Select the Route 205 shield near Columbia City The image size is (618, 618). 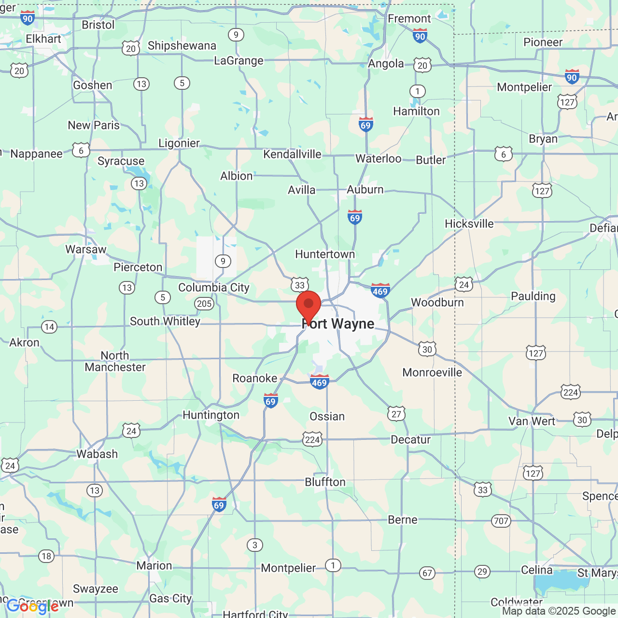pos(204,304)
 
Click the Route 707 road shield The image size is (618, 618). pos(501,521)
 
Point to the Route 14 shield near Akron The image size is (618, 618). pos(49,327)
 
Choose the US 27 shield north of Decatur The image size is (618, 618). pos(396,414)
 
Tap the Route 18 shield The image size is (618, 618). pos(46,556)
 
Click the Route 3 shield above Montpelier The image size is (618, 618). pos(255,545)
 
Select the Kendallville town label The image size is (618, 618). pos(292,154)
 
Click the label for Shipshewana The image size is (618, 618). pos(182,46)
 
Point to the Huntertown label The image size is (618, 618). pos(325,254)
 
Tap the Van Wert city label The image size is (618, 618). pos(532,421)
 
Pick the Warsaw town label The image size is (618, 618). pos(86,250)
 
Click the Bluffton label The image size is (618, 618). pos(325,482)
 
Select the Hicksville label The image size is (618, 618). pos(469,224)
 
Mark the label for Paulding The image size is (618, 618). pos(533,296)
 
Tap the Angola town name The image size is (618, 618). pos(386,64)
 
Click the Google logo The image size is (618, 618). pos(32,606)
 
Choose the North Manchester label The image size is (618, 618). pos(115,361)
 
